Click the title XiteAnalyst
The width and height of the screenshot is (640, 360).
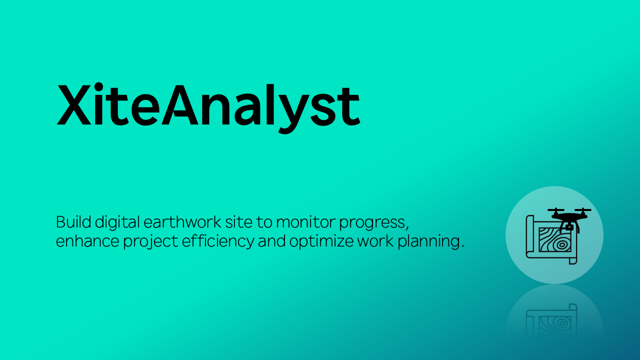coord(208,108)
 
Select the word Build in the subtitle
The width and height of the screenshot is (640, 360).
coord(73,222)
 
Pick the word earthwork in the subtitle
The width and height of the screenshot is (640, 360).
coord(182,222)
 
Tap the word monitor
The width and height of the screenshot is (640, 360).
coord(305,223)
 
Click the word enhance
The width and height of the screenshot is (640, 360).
coord(87,241)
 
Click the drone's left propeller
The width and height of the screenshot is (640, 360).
coord(556,209)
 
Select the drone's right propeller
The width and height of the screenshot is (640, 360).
coord(583,209)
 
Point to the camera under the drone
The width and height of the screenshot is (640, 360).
coord(569,227)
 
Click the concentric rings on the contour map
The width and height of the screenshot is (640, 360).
coord(561,245)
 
